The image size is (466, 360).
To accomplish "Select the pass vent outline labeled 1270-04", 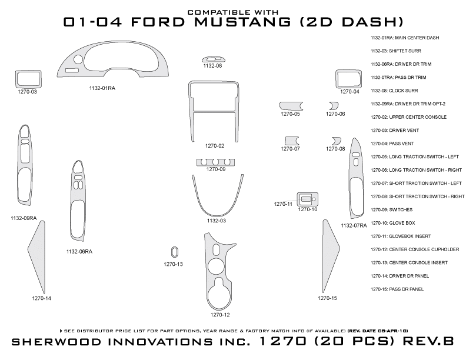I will (348, 79).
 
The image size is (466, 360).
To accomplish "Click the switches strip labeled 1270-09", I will (215, 162).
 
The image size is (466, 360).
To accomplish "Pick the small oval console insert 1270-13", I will (174, 252).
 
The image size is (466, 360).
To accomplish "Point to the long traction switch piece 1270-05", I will (291, 105).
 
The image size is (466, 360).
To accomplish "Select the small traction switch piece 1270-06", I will (334, 105).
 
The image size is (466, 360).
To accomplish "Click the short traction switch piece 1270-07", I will (291, 140).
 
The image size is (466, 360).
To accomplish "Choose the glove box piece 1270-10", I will (307, 199).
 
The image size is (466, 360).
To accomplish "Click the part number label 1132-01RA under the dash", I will (102, 88).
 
